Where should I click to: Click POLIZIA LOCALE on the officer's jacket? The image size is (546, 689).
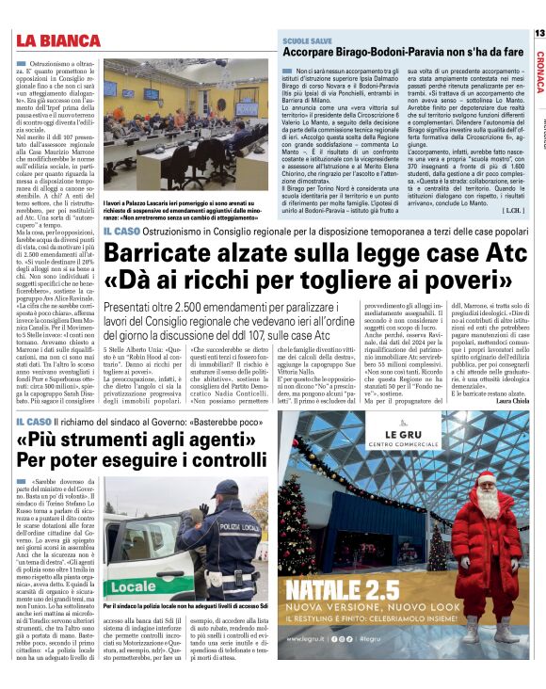pos(234,534)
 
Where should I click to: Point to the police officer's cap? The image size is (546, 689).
pos(224,489)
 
